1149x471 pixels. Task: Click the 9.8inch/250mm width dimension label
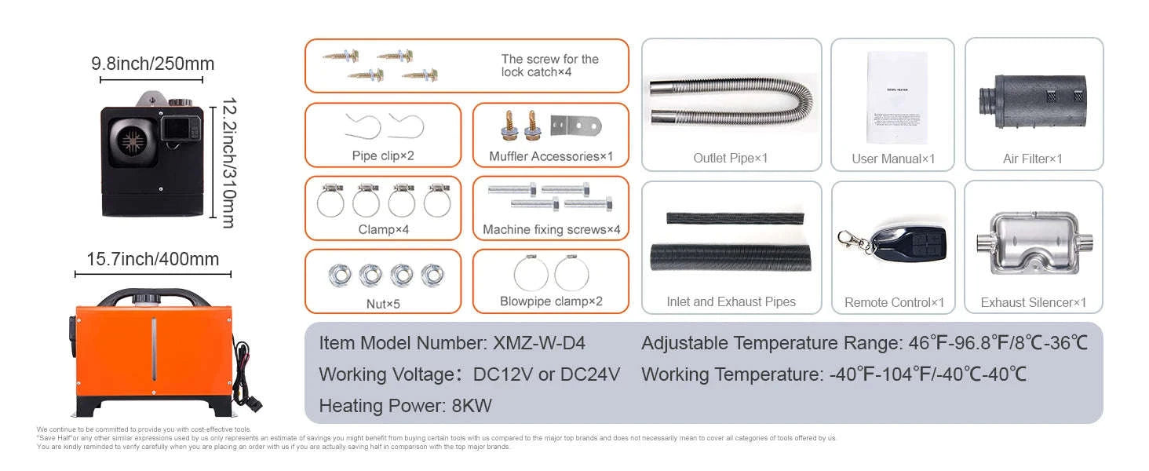pos(152,64)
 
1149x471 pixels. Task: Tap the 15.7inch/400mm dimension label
pos(152,259)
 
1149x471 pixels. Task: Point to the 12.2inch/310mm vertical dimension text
pos(228,162)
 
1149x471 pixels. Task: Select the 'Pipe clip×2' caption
pos(382,155)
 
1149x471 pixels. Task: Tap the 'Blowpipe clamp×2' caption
pos(551,301)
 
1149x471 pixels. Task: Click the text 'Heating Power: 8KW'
pos(405,406)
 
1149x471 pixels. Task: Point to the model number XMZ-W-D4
pos(539,343)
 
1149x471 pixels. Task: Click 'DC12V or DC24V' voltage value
pos(546,374)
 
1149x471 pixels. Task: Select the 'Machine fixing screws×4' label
pos(551,230)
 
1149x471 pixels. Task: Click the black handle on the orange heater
pos(152,296)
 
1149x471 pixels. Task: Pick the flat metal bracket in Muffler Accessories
pos(575,125)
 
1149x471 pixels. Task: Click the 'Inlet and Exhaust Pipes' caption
pos(731,302)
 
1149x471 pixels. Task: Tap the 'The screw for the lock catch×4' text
pos(549,65)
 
